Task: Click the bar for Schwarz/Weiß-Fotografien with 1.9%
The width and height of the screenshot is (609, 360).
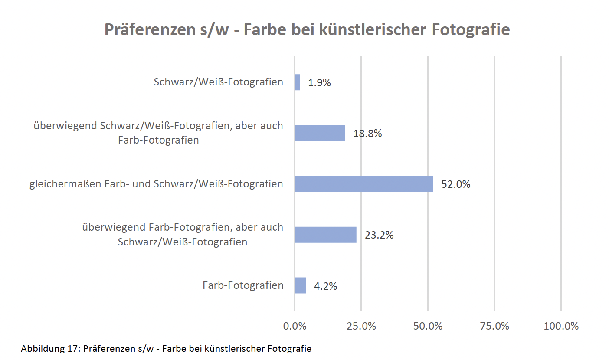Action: [298, 82]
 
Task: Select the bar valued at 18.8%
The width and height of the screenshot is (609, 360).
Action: [320, 133]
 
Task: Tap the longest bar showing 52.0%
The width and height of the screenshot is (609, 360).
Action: [364, 183]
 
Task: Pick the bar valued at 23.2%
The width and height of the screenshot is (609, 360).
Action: [326, 235]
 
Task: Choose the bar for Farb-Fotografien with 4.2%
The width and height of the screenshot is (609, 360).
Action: [301, 285]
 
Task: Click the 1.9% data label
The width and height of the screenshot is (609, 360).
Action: [319, 83]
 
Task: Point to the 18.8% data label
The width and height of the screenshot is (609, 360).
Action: [367, 134]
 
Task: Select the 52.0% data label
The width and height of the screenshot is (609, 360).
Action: [455, 184]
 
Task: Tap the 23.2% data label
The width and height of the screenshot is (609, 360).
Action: [379, 235]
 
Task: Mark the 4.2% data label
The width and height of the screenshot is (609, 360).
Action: [325, 286]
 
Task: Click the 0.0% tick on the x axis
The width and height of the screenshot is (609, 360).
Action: [295, 326]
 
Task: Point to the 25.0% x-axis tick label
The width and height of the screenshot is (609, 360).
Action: [361, 326]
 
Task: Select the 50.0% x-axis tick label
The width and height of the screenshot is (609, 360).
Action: [428, 326]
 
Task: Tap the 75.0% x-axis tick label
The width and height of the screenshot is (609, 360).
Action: [494, 326]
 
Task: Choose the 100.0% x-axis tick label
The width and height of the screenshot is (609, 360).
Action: [561, 326]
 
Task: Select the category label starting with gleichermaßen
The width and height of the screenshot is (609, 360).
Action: [156, 184]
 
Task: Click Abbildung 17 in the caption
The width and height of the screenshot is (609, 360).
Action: [49, 349]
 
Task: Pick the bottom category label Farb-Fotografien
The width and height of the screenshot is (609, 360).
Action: [243, 285]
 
